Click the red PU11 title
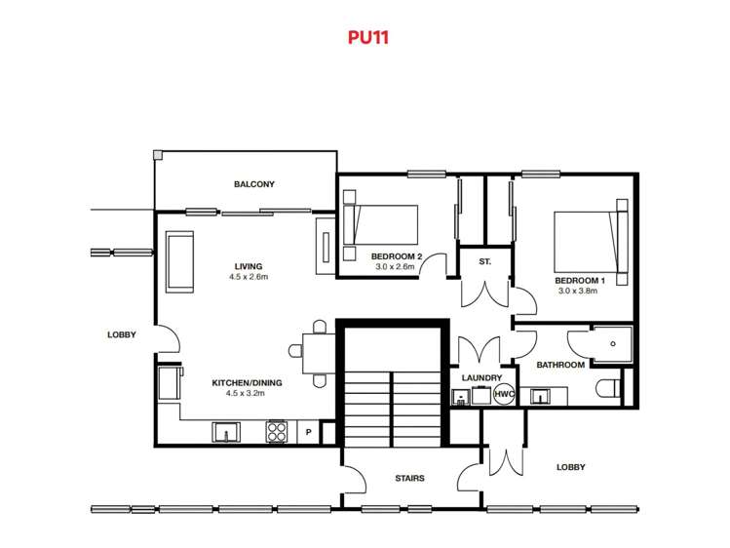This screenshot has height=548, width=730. [367, 37]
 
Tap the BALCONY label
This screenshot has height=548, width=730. [254, 184]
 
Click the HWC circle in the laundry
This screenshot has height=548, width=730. [504, 394]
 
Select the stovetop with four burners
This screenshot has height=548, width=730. [277, 432]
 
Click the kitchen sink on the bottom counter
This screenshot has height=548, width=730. [226, 432]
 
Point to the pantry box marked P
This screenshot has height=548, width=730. [308, 433]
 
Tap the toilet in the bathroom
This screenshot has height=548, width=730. [608, 388]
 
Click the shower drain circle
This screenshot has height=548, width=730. [613, 344]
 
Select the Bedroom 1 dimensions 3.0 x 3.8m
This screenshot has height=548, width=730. [578, 291]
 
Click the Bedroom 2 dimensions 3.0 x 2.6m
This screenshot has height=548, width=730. [395, 267]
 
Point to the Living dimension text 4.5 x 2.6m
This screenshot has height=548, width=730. [249, 277]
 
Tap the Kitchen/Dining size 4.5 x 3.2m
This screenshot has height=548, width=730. [246, 393]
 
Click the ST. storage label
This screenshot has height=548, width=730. [484, 262]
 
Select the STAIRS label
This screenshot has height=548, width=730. [409, 478]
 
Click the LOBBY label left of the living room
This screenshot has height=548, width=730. [122, 334]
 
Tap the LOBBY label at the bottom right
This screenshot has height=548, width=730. [571, 467]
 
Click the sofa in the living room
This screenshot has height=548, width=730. [180, 262]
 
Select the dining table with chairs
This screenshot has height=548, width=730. [313, 354]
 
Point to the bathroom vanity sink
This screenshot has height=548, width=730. [540, 397]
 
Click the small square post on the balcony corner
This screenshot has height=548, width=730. [157, 155]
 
